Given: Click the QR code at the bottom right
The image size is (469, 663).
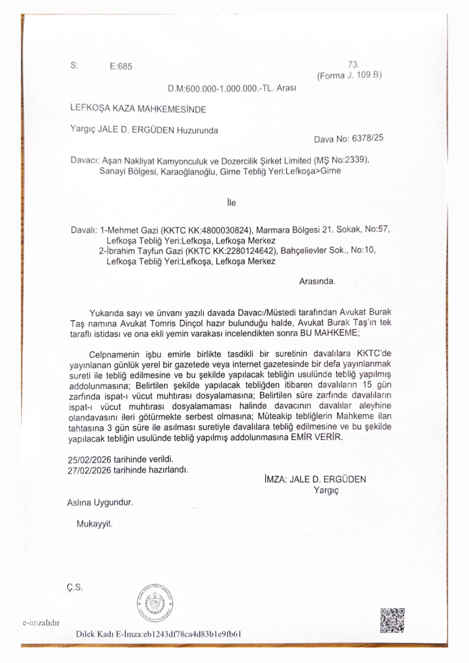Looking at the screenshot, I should point(392,620).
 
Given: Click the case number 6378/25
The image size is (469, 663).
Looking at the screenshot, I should point(367,139).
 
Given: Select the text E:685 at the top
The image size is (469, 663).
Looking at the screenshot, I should point(121,66).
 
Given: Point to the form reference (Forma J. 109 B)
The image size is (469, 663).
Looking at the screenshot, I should point(349,75).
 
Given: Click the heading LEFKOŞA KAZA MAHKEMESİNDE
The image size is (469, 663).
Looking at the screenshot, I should point(138,109).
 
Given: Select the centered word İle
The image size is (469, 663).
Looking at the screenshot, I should point(231,203).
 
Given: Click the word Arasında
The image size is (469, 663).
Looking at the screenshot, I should point(317,281).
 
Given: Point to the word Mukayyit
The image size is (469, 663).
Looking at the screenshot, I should point(94,524).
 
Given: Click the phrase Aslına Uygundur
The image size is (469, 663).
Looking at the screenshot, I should point(100,503).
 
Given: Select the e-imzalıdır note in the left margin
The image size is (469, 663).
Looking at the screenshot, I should point(41,623).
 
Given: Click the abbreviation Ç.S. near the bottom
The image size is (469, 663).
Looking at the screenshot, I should point(75,587).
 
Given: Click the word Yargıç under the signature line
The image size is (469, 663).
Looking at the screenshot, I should point(326,490).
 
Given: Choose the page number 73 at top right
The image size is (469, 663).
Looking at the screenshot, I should point(353,65).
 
